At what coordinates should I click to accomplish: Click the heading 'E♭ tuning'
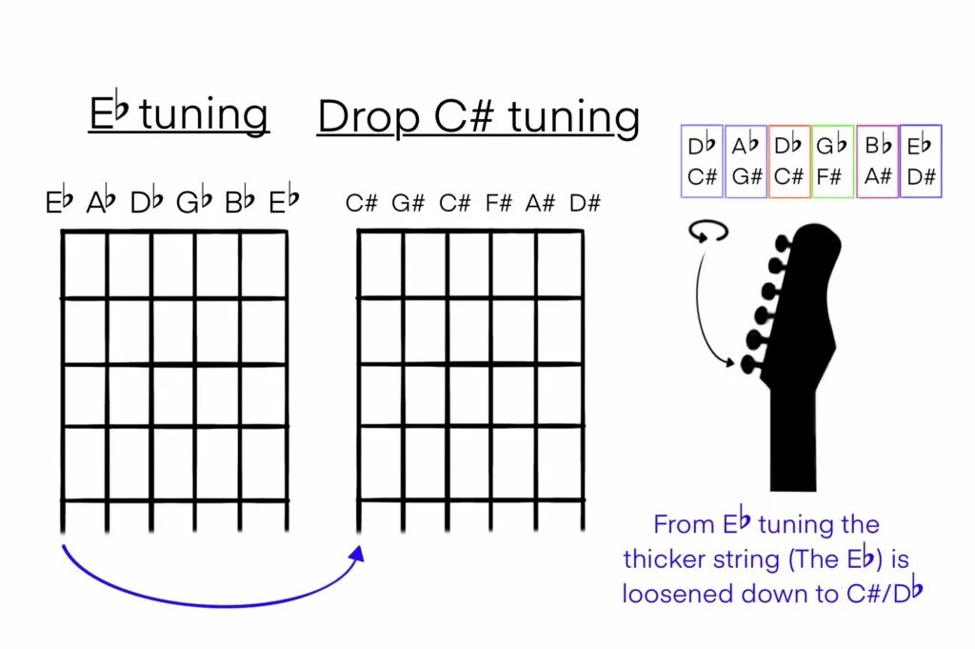(x=178, y=114)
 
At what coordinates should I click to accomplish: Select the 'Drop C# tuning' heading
(x=478, y=117)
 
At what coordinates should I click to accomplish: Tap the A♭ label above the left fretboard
(x=101, y=202)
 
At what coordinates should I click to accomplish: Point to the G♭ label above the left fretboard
(x=193, y=202)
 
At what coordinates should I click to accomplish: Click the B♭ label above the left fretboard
(x=240, y=202)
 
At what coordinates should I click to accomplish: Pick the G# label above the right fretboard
(x=408, y=203)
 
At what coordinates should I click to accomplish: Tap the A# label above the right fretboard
(x=540, y=203)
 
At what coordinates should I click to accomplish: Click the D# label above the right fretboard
(x=585, y=203)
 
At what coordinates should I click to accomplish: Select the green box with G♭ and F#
(x=833, y=161)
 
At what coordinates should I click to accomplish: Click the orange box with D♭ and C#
(x=789, y=161)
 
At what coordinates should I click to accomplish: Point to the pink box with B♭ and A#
(x=878, y=161)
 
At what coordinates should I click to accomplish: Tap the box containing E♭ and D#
(x=920, y=161)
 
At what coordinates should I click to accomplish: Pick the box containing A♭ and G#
(x=746, y=161)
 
